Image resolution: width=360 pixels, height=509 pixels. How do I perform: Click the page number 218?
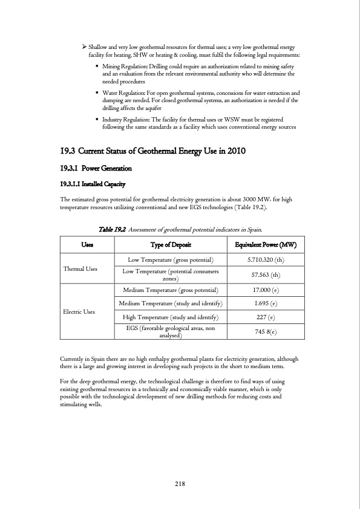pyautogui.click(x=180, y=484)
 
